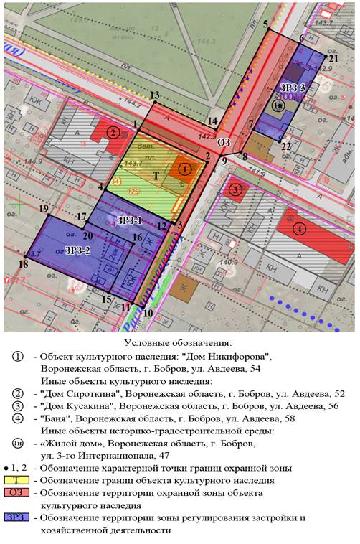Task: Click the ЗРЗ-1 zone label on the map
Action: [x=130, y=220]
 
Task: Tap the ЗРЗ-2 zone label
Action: [x=77, y=250]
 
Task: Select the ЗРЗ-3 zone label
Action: [x=293, y=88]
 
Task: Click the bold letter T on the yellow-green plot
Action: [x=156, y=175]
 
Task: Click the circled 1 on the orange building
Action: [x=185, y=169]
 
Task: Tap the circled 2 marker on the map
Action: [x=112, y=132]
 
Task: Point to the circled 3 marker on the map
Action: [x=235, y=189]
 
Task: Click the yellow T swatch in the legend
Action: [x=16, y=479]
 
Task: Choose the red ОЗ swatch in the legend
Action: [x=16, y=492]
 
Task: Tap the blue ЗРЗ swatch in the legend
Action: [x=16, y=517]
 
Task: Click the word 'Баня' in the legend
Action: [x=58, y=415]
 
